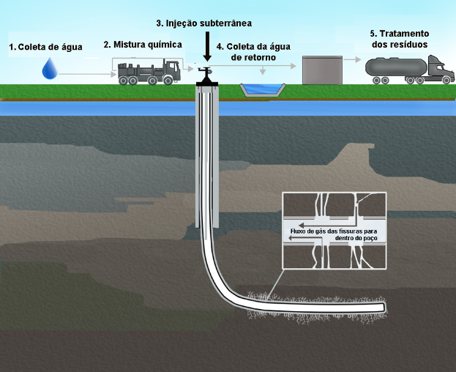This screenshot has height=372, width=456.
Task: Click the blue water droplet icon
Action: click(x=50, y=69)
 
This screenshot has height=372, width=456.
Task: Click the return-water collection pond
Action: click(x=261, y=90)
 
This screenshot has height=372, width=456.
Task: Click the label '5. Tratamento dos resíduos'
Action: click(x=399, y=39)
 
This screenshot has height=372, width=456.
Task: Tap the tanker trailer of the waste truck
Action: click(x=393, y=70)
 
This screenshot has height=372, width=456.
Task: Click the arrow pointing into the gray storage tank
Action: click(x=289, y=65)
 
